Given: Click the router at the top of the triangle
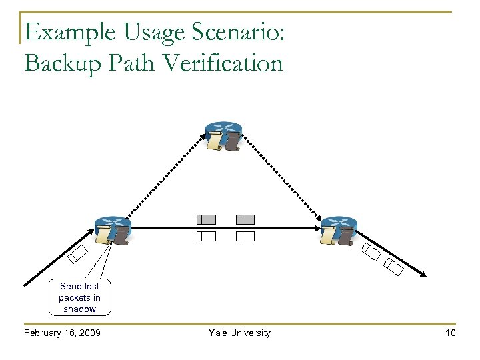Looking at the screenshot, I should point(224,136).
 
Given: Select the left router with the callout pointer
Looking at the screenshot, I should point(113,231).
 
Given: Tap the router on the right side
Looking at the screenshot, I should point(339,231).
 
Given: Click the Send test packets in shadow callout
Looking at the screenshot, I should point(79,297).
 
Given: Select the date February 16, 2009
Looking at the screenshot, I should point(61,333).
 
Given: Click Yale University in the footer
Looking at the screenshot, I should point(239,333).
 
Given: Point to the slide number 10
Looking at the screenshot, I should point(451,333).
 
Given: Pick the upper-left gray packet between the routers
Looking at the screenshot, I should point(206,219).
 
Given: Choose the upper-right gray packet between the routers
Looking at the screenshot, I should point(245,219).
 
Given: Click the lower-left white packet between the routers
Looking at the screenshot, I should point(206,236).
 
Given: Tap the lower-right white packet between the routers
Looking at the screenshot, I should point(245,236).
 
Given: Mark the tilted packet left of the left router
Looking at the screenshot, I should point(78,254).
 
